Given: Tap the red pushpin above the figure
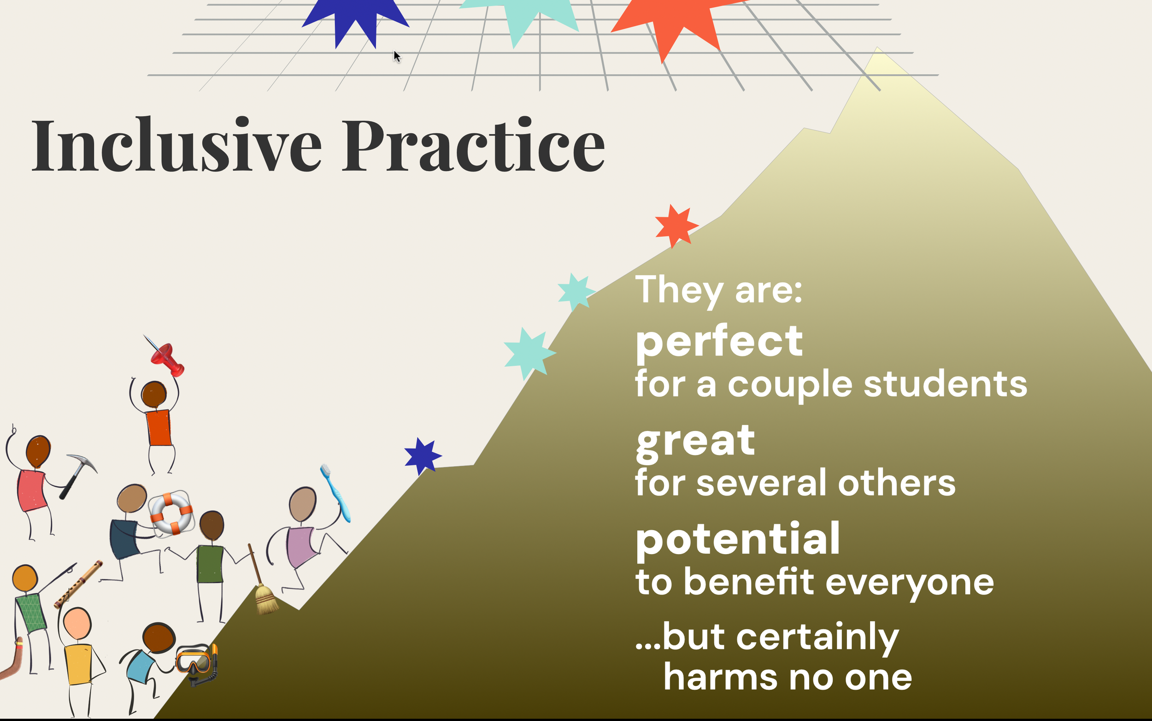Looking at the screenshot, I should (167, 359).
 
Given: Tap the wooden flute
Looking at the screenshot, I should (79, 584).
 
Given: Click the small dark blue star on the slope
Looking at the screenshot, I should (422, 456).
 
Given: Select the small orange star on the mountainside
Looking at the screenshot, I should (675, 226).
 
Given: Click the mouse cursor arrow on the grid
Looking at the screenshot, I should (397, 56).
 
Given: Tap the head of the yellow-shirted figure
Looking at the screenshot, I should (77, 623).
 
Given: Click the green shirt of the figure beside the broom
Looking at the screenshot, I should (210, 564).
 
